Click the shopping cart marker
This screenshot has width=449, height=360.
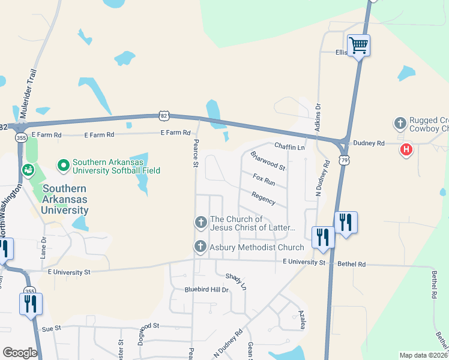click(x=358, y=44)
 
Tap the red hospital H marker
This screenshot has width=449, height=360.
click(x=406, y=149)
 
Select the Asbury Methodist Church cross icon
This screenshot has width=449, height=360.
click(x=200, y=247)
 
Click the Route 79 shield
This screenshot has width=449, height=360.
click(x=343, y=160)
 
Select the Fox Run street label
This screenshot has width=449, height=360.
click(x=264, y=179)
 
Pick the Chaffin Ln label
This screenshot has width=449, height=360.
click(x=290, y=146)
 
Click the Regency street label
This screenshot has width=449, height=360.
click(x=264, y=197)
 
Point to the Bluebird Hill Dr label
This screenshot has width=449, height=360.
click(x=207, y=290)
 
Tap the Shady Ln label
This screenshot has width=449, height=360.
click(x=236, y=281)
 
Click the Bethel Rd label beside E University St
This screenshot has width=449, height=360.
click(x=351, y=264)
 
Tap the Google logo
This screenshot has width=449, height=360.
click(x=20, y=353)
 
